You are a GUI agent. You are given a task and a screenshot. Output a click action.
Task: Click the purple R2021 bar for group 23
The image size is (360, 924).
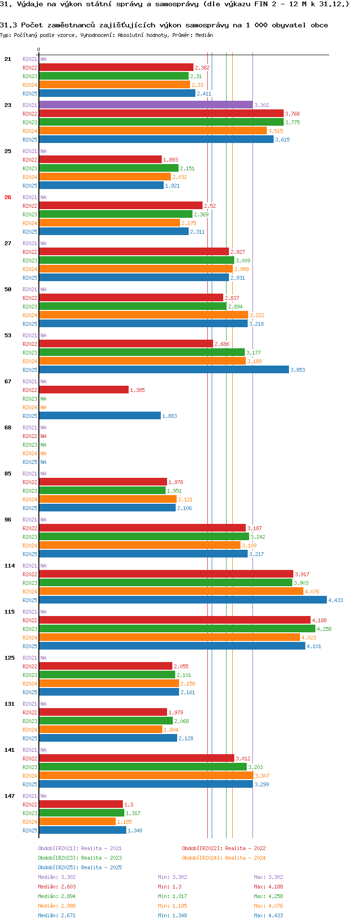pyautogui.click(x=145, y=105)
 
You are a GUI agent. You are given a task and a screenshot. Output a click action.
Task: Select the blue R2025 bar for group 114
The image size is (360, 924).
pyautogui.click(x=182, y=600)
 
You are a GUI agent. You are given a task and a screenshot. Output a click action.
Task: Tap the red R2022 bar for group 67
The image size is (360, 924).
pyautogui.click(x=84, y=390)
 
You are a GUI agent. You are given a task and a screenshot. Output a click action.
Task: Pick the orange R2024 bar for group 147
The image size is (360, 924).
pyautogui.click(x=77, y=822)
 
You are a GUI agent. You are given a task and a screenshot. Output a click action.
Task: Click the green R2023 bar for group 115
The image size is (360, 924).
pyautogui.click(x=177, y=629)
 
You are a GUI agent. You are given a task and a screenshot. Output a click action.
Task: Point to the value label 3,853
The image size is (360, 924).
pyautogui.click(x=298, y=370)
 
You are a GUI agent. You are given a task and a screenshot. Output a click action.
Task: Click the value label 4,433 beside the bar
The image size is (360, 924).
pyautogui.click(x=336, y=600)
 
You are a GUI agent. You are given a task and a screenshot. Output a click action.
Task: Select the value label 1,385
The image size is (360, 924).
pyautogui.click(x=137, y=390)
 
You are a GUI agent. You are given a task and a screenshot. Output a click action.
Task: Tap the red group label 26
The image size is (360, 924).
pyautogui.click(x=8, y=197)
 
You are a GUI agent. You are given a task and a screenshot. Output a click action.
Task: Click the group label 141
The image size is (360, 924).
pyautogui.click(x=10, y=750)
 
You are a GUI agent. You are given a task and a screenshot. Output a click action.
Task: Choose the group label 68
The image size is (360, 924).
pyautogui.click(x=8, y=427)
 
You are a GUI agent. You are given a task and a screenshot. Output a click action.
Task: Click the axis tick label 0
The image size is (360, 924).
pyautogui.click(x=39, y=50)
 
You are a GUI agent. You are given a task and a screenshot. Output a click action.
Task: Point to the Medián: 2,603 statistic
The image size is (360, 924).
pyautogui.click(x=57, y=887)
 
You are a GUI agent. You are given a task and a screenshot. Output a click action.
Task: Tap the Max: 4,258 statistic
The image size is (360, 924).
pyautogui.click(x=268, y=896)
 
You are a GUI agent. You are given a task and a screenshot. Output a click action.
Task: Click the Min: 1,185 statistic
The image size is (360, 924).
pyautogui.click(x=169, y=906)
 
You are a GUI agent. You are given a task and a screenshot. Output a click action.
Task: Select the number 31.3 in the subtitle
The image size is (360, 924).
pyautogui.click(x=8, y=25)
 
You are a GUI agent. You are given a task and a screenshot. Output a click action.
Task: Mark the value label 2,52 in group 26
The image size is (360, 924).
pyautogui.click(x=210, y=206)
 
